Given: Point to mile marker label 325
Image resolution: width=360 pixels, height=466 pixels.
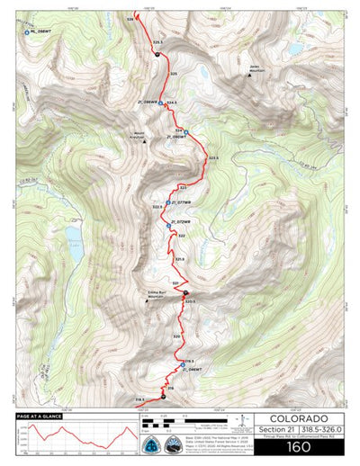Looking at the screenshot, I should pos(174,73).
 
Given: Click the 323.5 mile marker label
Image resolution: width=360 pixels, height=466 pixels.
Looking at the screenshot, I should pos(213,157).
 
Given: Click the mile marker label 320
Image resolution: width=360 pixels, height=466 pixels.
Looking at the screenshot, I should pos(177,336).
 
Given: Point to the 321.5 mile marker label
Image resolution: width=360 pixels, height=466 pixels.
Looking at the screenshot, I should pos(179,259).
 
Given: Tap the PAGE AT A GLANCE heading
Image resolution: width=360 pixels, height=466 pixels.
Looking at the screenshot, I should pos(38,417).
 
